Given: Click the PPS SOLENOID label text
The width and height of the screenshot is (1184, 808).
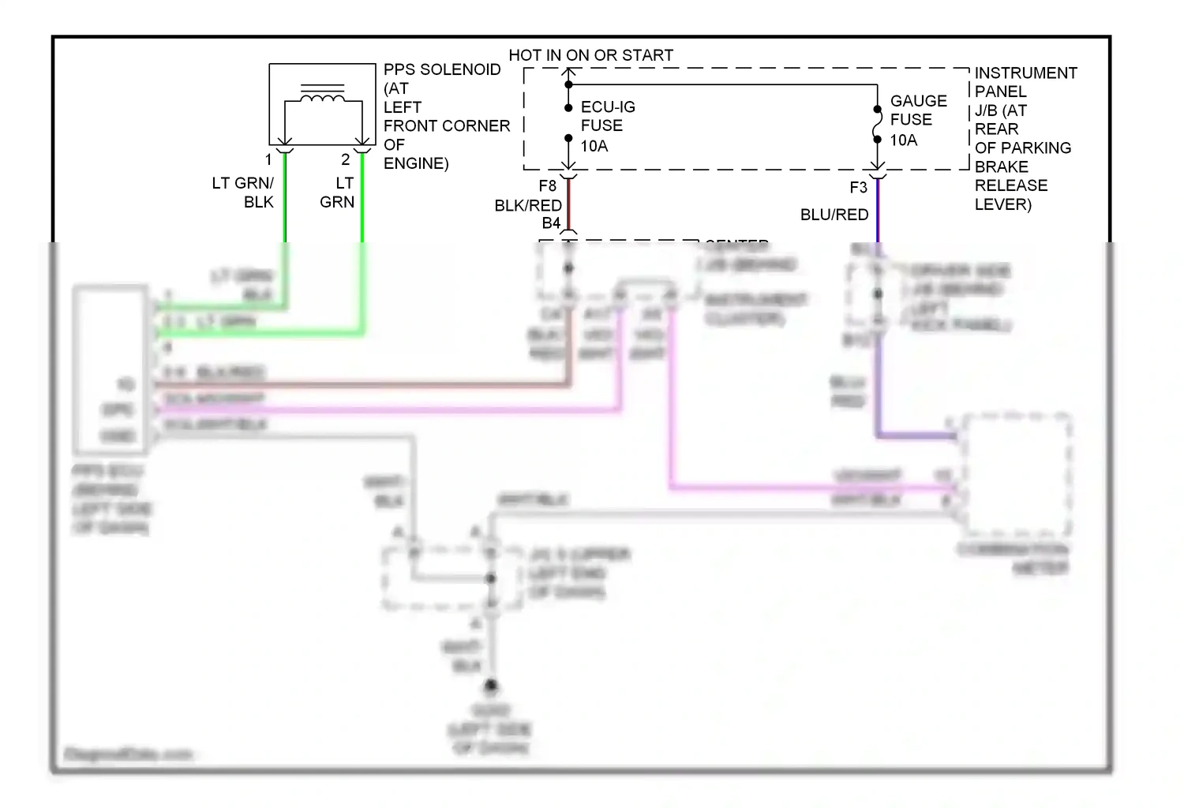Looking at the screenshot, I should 442,69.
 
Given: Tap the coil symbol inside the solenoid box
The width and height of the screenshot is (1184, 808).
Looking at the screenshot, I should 322,97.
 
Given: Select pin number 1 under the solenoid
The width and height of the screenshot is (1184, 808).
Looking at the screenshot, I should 268,160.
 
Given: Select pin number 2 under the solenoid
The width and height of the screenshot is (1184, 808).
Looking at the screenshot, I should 345,159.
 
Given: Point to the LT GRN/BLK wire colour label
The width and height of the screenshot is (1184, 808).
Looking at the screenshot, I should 243,193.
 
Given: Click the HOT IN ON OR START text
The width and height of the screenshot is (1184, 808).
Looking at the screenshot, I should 590,55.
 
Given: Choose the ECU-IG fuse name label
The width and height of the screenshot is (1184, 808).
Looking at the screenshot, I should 608,107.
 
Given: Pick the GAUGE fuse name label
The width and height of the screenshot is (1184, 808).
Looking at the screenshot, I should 918,101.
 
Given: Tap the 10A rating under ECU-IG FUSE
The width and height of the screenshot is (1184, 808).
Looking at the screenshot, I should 594,146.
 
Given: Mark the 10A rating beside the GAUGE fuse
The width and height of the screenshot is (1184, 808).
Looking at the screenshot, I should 904,140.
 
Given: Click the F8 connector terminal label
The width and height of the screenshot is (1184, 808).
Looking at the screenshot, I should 547,186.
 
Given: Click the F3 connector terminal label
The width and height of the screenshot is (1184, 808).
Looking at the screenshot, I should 858,188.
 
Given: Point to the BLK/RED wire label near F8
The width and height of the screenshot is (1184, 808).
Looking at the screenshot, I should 528,206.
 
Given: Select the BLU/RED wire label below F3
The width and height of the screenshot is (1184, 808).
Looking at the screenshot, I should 834,215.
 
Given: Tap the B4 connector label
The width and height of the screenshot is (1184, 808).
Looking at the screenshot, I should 551,223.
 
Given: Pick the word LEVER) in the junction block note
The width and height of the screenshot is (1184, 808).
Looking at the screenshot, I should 1002,204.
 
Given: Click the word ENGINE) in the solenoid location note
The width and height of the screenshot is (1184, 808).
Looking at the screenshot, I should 416,163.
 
